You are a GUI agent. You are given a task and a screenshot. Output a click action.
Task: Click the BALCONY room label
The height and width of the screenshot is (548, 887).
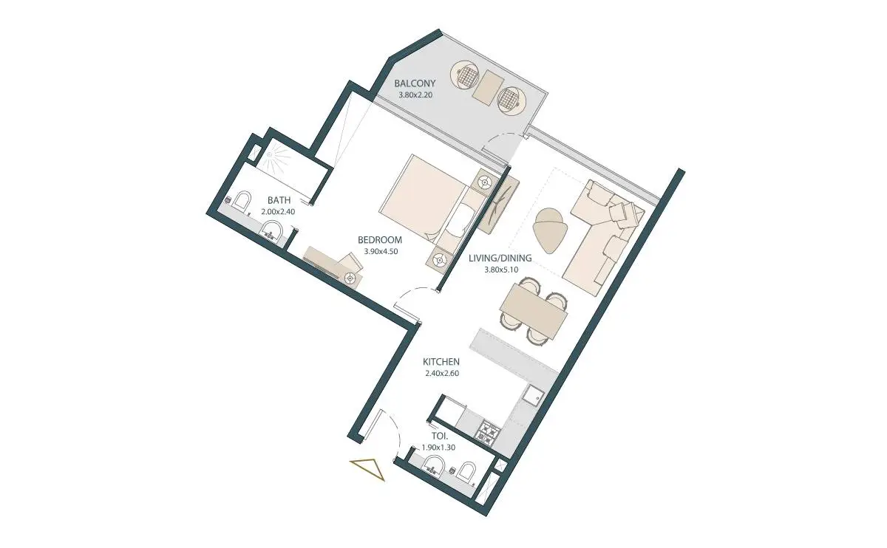click(415, 83)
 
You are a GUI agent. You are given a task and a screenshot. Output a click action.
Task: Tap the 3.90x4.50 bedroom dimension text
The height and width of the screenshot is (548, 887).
click(381, 251)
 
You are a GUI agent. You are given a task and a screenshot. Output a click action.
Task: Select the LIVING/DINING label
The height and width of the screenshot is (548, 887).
click(500, 258)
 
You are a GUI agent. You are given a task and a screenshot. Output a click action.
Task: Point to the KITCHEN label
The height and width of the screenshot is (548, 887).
click(441, 362)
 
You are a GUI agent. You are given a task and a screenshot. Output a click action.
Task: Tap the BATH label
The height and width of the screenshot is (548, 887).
click(279, 200)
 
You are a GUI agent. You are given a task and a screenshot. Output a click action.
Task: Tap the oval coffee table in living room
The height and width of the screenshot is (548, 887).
click(549, 230)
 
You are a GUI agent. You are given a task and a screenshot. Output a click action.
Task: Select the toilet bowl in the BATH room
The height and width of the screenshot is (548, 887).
click(242, 201)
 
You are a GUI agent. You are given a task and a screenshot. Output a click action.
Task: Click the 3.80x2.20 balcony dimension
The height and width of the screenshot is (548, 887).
click(415, 95)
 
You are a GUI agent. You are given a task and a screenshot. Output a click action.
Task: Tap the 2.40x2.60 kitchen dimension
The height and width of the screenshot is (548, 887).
click(442, 373)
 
